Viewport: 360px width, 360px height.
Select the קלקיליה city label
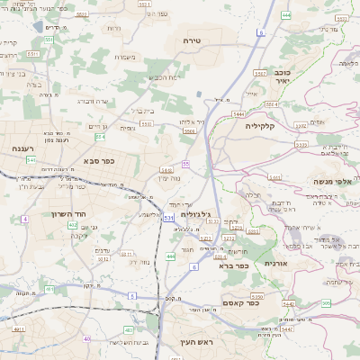coord(265,126)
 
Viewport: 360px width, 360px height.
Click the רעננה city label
coord(24,148)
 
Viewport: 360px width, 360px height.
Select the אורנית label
coord(274,263)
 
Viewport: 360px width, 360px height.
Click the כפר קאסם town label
coord(238,303)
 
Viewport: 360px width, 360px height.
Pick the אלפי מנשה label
coord(329,182)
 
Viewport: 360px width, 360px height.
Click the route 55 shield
coord(185,164)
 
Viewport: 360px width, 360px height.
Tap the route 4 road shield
coord(25,219)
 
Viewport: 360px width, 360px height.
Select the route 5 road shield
coord(131,295)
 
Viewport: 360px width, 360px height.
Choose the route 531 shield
coord(168,218)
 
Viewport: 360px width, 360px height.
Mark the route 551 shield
coord(33,54)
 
